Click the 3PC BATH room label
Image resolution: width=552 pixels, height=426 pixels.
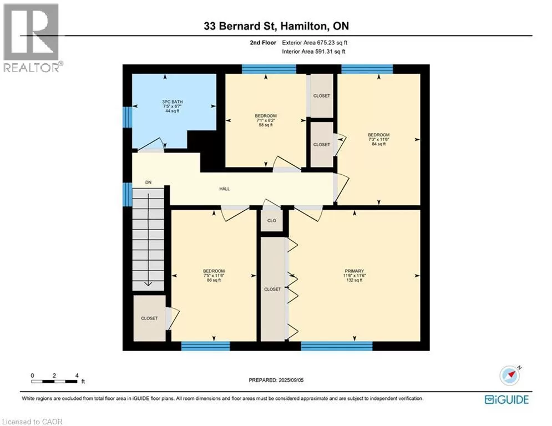pos(173,102)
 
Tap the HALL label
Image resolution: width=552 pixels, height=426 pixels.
pos(225,189)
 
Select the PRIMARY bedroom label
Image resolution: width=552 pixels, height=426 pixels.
pos(354,271)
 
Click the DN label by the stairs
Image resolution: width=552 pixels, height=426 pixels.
pos(149,182)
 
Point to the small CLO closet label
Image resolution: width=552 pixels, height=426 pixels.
pos(272,221)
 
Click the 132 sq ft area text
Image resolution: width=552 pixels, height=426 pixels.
pos(355,280)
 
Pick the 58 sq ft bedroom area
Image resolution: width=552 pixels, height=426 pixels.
pos(266,125)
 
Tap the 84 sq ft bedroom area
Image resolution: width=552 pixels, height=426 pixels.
pos(379,144)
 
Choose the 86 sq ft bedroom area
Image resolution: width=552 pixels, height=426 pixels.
pos(214,280)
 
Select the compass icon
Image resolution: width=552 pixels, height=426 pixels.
pos(510,376)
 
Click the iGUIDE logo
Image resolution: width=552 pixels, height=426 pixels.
pos(507,399)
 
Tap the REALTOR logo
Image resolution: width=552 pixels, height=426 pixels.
pos(32,38)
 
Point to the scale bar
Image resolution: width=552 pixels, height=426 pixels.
pos(54,381)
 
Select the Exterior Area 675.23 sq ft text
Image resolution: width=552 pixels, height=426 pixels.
pos(315,43)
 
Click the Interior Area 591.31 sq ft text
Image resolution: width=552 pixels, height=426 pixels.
pos(313,52)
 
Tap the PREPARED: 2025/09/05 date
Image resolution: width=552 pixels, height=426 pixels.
pos(276,380)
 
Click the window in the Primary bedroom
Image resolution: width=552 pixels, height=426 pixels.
pos(337,346)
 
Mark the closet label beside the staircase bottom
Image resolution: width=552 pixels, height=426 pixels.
pos(149,318)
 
